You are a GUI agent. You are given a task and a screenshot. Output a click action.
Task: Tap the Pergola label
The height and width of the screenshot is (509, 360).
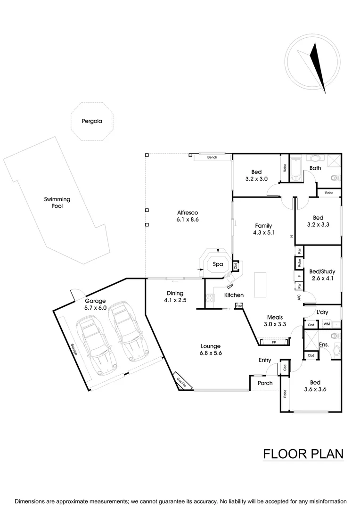pyautogui.click(x=91, y=121)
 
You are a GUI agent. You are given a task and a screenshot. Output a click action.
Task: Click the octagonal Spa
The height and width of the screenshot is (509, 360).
pyautogui.click(x=217, y=265)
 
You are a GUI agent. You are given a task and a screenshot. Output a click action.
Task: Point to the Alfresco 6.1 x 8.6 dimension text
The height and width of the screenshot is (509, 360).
pyautogui.click(x=188, y=220)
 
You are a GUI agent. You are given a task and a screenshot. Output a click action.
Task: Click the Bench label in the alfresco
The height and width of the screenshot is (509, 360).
pyautogui.click(x=212, y=157)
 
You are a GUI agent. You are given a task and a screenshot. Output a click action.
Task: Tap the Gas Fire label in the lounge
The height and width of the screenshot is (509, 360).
pyautogui.click(x=181, y=382)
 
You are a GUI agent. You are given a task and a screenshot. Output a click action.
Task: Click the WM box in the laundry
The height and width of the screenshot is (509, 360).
pyautogui.click(x=326, y=324)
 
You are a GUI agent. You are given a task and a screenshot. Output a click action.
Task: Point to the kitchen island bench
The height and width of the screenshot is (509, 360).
pyautogui.click(x=260, y=285)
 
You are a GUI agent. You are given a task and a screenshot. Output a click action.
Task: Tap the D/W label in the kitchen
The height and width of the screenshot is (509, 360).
pyautogui.click(x=230, y=286)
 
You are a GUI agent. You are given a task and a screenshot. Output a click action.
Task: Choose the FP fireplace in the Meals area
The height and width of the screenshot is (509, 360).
pyautogui.click(x=274, y=342)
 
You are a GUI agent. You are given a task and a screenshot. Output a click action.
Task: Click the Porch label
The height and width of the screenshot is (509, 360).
pyautogui.click(x=265, y=383)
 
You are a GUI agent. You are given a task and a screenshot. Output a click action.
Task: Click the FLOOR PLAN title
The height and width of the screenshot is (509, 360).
pyautogui.click(x=303, y=454)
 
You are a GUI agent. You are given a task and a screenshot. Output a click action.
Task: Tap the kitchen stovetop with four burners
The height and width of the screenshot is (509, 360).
pyautogui.click(x=209, y=299)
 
